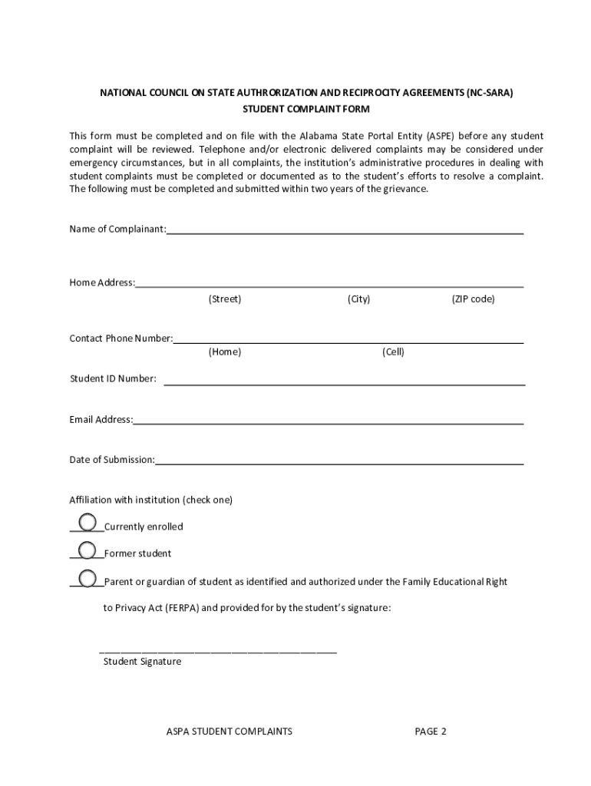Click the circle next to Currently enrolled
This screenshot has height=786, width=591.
(87, 523)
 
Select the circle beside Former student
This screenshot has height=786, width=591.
(87, 550)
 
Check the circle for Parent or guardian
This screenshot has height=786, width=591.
(87, 578)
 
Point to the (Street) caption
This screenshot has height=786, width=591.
(224, 299)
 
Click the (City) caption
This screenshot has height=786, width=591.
(358, 299)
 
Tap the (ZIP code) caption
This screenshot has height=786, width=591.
(473, 299)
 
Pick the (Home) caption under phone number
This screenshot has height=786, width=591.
(224, 352)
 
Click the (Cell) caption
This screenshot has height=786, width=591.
(393, 352)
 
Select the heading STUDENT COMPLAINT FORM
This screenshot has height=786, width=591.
(306, 110)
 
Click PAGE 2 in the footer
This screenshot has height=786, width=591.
(431, 732)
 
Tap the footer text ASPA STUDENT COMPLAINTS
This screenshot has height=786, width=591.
(229, 732)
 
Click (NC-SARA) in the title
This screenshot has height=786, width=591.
(489, 93)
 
